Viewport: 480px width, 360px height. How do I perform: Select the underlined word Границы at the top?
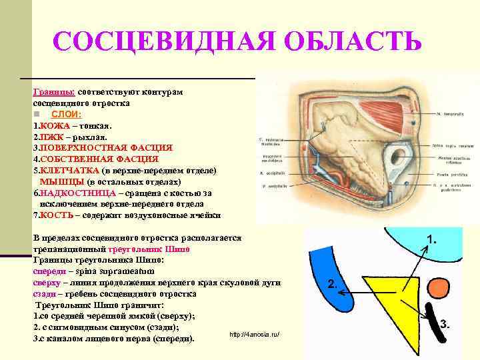(x=54, y=92)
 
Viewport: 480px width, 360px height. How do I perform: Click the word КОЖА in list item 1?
(x=54, y=125)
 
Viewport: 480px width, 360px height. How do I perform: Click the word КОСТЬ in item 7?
(x=55, y=215)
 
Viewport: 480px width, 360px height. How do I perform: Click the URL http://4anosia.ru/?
(x=254, y=333)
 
